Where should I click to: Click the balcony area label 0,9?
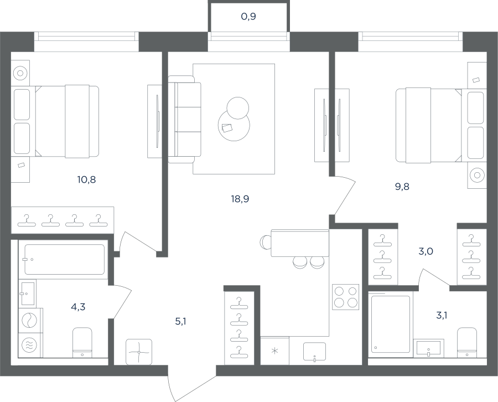point(248,17)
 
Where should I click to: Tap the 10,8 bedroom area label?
point(86,180)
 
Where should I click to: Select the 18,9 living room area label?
point(240,199)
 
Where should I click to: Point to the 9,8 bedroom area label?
point(402,187)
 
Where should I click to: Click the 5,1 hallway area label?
point(180,322)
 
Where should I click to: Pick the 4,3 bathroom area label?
point(78,307)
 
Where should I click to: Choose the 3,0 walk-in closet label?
point(426,252)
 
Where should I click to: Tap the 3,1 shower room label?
point(442,316)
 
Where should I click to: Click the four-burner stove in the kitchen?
point(345,297)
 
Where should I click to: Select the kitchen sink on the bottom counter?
point(314,352)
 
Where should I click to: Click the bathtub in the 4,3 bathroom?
point(65,259)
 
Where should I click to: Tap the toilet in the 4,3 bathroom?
point(82,343)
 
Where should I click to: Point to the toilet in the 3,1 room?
point(467,343)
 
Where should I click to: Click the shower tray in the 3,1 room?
point(391,324)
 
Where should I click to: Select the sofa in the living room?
point(184,119)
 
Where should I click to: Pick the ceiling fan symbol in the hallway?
point(139,352)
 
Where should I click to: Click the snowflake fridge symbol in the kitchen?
point(274,351)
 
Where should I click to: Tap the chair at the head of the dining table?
point(265,243)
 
